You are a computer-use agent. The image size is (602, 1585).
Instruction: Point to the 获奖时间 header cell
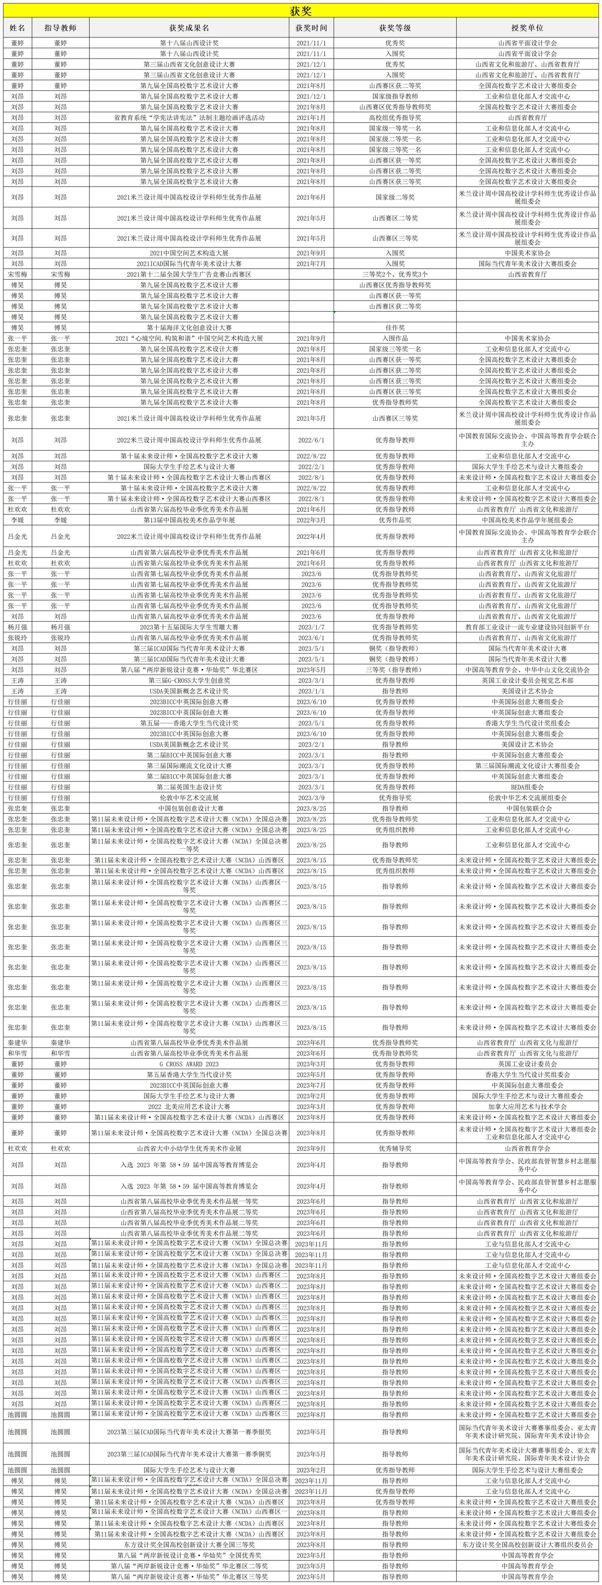pyautogui.click(x=311, y=28)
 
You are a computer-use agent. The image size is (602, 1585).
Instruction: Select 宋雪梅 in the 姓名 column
pyautogui.click(x=17, y=274)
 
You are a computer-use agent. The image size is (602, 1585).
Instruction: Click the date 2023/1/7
pyautogui.click(x=311, y=627)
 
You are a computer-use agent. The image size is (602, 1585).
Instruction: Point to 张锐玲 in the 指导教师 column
pyautogui.click(x=60, y=638)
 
